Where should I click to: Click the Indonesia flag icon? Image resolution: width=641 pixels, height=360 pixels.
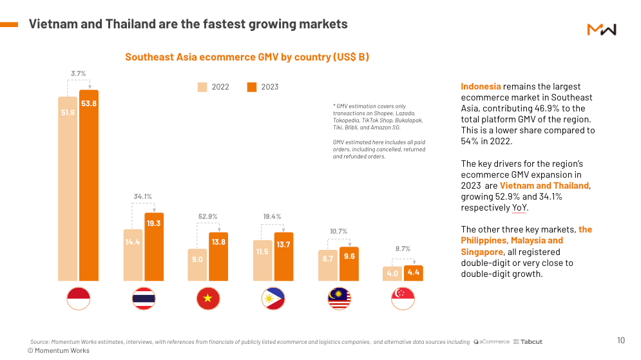pos(79,298)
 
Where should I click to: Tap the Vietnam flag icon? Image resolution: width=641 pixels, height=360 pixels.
pos(208,298)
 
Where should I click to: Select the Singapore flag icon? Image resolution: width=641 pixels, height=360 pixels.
pos(403,298)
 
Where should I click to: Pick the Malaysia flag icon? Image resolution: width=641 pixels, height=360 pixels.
pos(339,298)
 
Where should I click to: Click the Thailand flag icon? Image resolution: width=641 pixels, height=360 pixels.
pos(144,298)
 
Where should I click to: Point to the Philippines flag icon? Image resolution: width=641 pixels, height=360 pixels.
pos(273,298)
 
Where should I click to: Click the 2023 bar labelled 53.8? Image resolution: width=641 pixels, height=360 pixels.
pos(89,187)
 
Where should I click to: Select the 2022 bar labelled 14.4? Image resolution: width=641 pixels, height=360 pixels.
pos(133,255)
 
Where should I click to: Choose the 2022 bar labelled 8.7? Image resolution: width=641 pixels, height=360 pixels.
pos(328,265)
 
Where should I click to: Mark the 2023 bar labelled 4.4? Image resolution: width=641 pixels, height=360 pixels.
pos(413,273)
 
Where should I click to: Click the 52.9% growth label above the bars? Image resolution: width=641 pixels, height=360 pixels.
pos(208,217)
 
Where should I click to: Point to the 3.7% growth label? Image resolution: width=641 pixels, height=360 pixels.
pos(78,73)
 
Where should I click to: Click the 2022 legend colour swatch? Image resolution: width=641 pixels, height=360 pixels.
pos(202,87)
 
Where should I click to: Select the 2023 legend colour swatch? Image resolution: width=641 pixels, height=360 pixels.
pos(252,87)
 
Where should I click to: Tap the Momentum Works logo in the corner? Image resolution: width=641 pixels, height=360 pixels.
pos(602,30)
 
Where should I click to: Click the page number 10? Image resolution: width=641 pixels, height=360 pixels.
pos(621,340)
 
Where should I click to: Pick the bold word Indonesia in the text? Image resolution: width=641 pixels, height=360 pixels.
pos(481,86)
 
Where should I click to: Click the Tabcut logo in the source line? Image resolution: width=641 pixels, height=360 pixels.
pos(528,342)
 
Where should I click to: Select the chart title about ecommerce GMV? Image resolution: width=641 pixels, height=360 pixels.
pos(247,57)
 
